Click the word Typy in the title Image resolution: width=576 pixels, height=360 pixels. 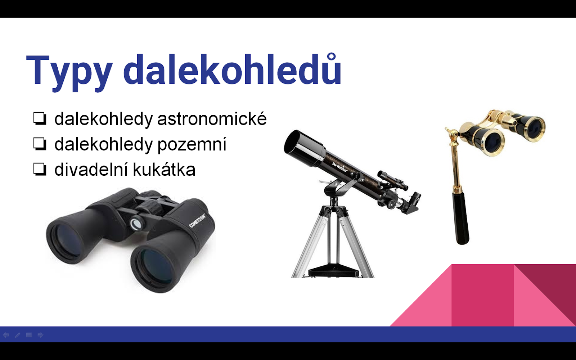click(x=69, y=72)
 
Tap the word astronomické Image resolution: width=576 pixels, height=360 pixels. click(x=212, y=119)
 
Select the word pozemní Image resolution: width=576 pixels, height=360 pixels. click(x=192, y=144)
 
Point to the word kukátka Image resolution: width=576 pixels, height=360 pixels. click(x=164, y=169)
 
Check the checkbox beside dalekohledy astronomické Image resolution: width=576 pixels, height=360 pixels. click(x=40, y=118)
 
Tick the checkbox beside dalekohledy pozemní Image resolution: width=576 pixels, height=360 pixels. click(x=40, y=144)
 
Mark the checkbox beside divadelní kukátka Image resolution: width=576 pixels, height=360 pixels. click(x=40, y=169)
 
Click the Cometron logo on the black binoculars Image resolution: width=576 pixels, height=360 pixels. click(x=198, y=221)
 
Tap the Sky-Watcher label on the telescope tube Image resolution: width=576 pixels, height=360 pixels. click(x=339, y=167)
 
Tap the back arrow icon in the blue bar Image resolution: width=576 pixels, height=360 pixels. click(x=6, y=335)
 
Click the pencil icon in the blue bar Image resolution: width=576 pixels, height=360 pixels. click(x=18, y=335)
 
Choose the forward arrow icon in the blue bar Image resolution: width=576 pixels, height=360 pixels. click(x=40, y=335)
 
